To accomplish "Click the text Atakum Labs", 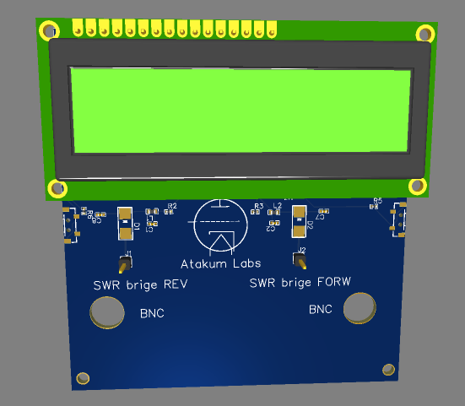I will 221,264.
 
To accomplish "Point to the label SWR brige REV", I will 140,284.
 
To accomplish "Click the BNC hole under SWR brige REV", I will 108,314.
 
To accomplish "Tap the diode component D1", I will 125,220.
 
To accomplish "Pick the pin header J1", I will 125,263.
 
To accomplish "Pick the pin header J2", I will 299,259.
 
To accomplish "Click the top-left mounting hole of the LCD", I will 48,31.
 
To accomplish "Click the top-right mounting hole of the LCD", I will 424,34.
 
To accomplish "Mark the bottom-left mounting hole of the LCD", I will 57,188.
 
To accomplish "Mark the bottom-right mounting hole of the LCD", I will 417,186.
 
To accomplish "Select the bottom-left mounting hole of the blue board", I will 83,377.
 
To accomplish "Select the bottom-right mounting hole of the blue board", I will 388,369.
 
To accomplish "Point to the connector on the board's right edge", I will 400,219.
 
